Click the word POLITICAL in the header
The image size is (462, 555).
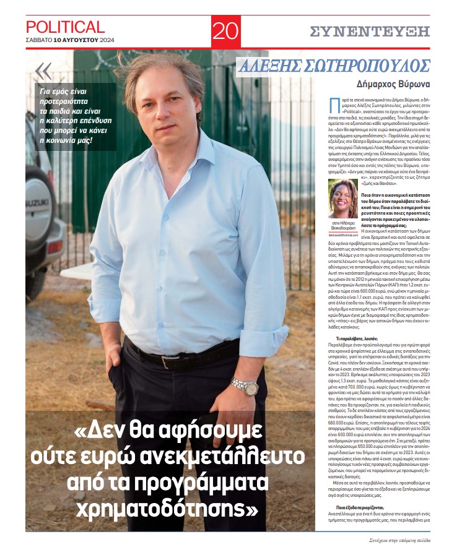tap(65, 27)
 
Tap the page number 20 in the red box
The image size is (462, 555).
tap(225, 30)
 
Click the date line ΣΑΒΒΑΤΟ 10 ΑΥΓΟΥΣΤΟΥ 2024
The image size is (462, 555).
tap(65, 40)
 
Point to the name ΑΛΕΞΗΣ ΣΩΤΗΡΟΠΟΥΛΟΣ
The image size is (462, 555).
tap(334, 66)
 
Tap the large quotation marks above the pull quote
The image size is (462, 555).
tap(43, 71)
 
